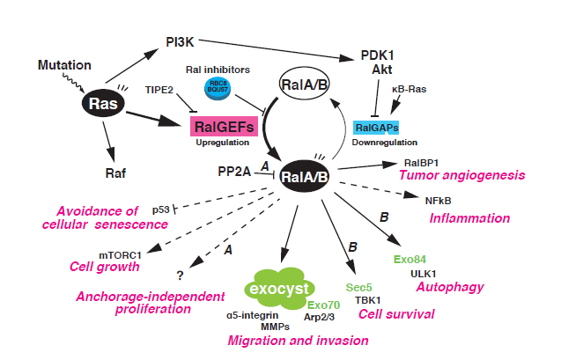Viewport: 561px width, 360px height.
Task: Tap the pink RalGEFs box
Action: point(225,127)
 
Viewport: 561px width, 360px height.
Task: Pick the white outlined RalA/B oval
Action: point(304,84)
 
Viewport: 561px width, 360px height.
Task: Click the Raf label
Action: point(107,174)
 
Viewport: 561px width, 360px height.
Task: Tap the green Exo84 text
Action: point(410,260)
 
